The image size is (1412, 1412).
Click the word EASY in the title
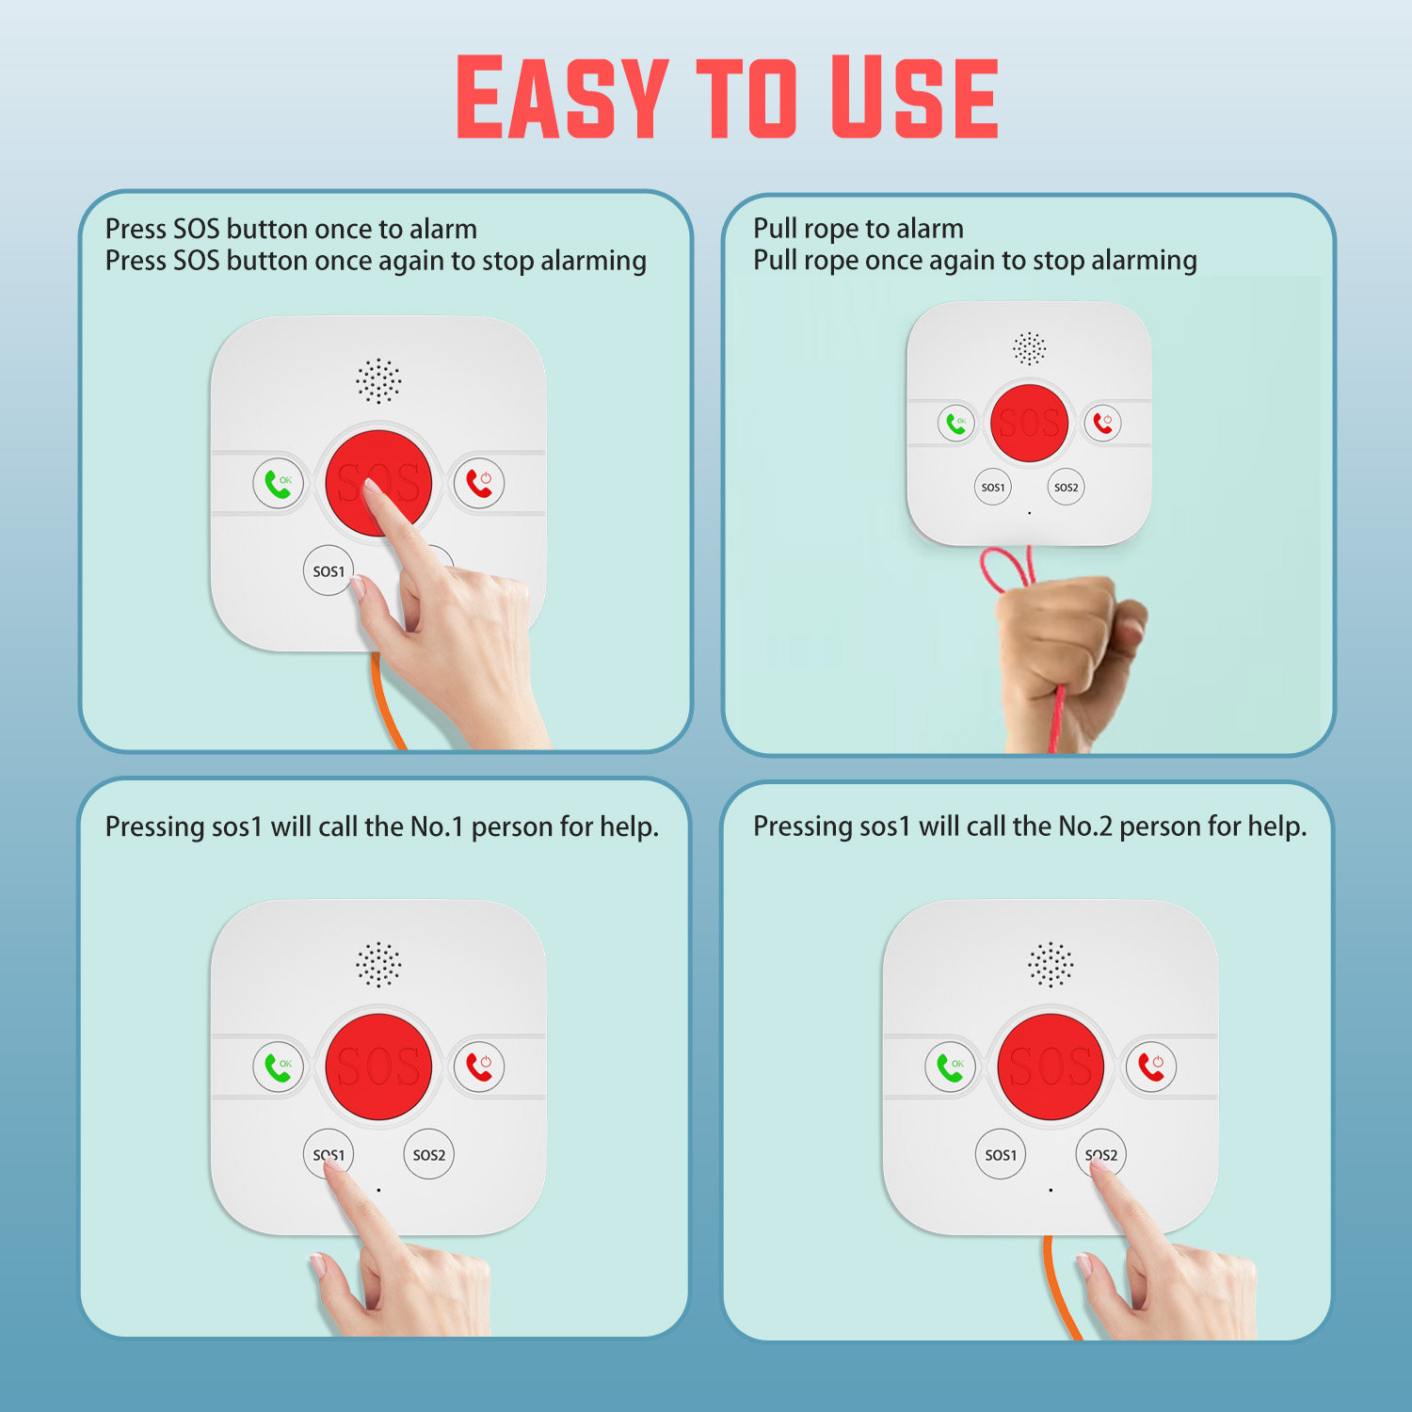563,97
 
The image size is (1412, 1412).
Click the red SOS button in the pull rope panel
1029,423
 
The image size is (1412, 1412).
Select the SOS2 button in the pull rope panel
1066,487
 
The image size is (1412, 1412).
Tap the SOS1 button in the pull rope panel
992,487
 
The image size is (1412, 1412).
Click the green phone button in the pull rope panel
955,424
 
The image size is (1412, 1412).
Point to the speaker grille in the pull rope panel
1029,348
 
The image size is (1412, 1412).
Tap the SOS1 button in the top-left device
329,570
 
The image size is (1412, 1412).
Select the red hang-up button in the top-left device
479,483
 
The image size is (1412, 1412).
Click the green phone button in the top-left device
278,483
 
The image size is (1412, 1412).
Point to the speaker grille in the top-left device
378,381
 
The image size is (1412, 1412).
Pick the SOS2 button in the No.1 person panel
428,1154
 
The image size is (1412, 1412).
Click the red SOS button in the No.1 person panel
378,1067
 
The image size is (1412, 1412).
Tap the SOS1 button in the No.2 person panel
1000,1154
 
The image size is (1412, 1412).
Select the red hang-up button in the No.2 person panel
1151,1067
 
